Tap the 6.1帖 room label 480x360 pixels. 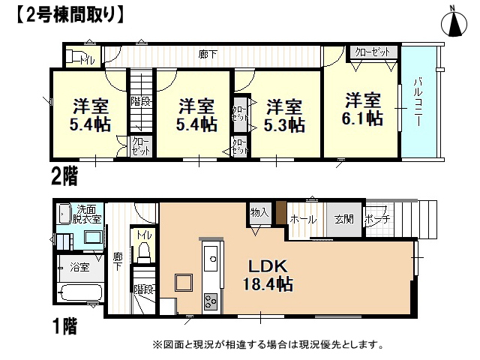point(362,109)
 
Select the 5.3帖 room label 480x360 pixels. point(284,115)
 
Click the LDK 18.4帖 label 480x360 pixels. point(268,274)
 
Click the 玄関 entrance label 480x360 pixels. point(344,219)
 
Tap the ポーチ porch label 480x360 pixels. point(378,219)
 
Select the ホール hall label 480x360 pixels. point(303,220)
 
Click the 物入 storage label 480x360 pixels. point(259,212)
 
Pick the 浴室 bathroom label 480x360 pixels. point(79,267)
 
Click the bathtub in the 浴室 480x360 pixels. point(80,292)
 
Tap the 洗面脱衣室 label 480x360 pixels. point(86,214)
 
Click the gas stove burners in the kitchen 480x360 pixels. point(211,301)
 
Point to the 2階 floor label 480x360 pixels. point(64,176)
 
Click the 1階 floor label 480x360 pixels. point(65,325)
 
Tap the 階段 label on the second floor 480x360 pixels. point(141,101)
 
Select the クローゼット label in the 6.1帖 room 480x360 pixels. point(372,52)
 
